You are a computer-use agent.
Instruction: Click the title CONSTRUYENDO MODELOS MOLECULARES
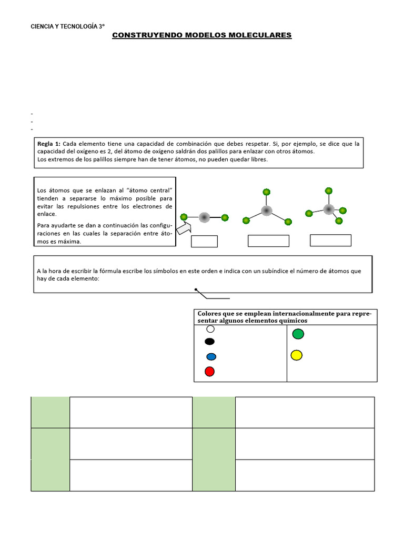pyautogui.click(x=202, y=35)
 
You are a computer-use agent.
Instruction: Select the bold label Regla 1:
pyautogui.click(x=49, y=144)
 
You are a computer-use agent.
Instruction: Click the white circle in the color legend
pyautogui.click(x=210, y=329)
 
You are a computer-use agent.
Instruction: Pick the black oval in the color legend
pyautogui.click(x=210, y=341)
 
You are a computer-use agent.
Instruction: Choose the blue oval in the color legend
pyautogui.click(x=211, y=357)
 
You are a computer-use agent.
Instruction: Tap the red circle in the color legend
pyautogui.click(x=209, y=372)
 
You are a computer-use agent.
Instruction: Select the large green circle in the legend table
pyautogui.click(x=298, y=334)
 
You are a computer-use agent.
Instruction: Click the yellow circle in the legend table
pyautogui.click(x=297, y=355)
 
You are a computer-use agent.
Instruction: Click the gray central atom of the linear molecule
pyautogui.click(x=204, y=217)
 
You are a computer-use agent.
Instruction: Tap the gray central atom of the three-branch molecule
pyautogui.click(x=267, y=211)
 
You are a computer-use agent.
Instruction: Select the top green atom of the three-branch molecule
pyautogui.click(x=267, y=192)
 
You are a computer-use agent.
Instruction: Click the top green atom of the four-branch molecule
pyautogui.click(x=329, y=191)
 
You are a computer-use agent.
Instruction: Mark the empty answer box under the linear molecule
pyautogui.click(x=204, y=241)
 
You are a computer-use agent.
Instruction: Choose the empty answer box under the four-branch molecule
pyautogui.click(x=330, y=240)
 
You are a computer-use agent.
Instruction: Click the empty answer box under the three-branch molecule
pyautogui.click(x=268, y=241)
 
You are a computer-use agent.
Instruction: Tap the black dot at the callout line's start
pyautogui.click(x=196, y=290)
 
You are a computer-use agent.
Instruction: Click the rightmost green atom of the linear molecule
pyautogui.click(x=225, y=217)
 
